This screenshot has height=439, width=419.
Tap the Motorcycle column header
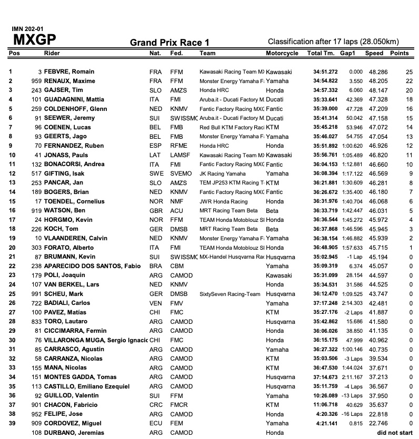[x=282, y=53]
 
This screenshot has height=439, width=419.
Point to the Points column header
[x=400, y=53]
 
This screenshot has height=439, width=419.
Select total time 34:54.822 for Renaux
[x=323, y=80]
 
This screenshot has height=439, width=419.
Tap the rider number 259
[x=36, y=108]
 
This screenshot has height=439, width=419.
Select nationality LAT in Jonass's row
[x=155, y=155]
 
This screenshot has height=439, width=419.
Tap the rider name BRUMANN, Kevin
[x=67, y=256]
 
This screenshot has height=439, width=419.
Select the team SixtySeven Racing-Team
[x=230, y=293]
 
